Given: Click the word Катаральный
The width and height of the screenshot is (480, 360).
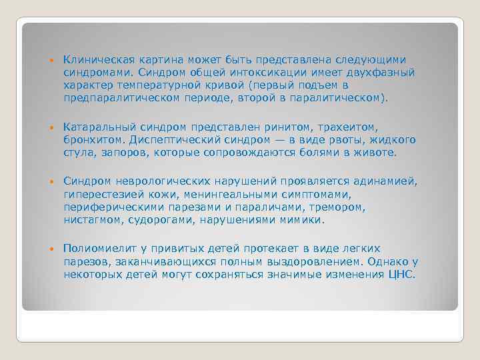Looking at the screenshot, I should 95,127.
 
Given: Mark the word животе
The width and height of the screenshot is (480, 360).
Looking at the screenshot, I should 377,152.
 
